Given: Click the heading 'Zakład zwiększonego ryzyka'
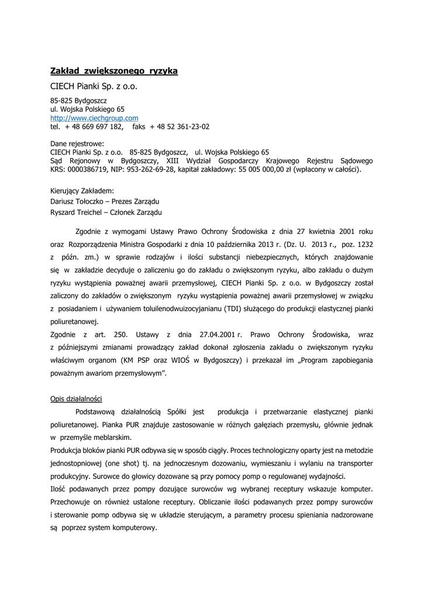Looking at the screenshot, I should [x=114, y=71].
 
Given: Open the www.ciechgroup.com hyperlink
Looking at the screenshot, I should [x=94, y=118].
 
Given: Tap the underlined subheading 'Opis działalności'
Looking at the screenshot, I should [x=77, y=399].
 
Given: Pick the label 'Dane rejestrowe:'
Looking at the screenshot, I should [x=77, y=143].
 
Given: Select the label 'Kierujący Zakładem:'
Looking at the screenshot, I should [x=82, y=191].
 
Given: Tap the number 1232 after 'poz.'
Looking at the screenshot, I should [x=364, y=243].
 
